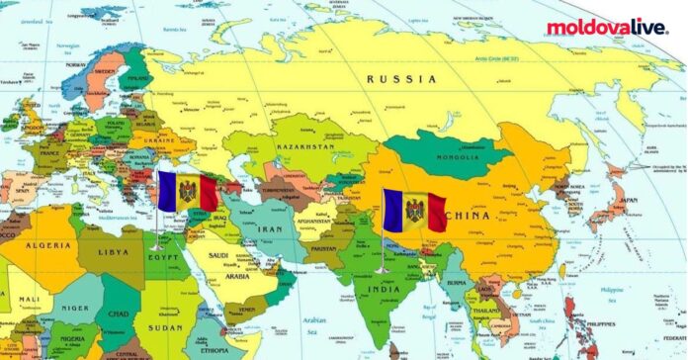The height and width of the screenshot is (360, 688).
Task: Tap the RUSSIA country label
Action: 400,78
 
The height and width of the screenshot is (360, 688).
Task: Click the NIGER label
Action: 75,308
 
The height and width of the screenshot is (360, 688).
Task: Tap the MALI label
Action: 27,298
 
